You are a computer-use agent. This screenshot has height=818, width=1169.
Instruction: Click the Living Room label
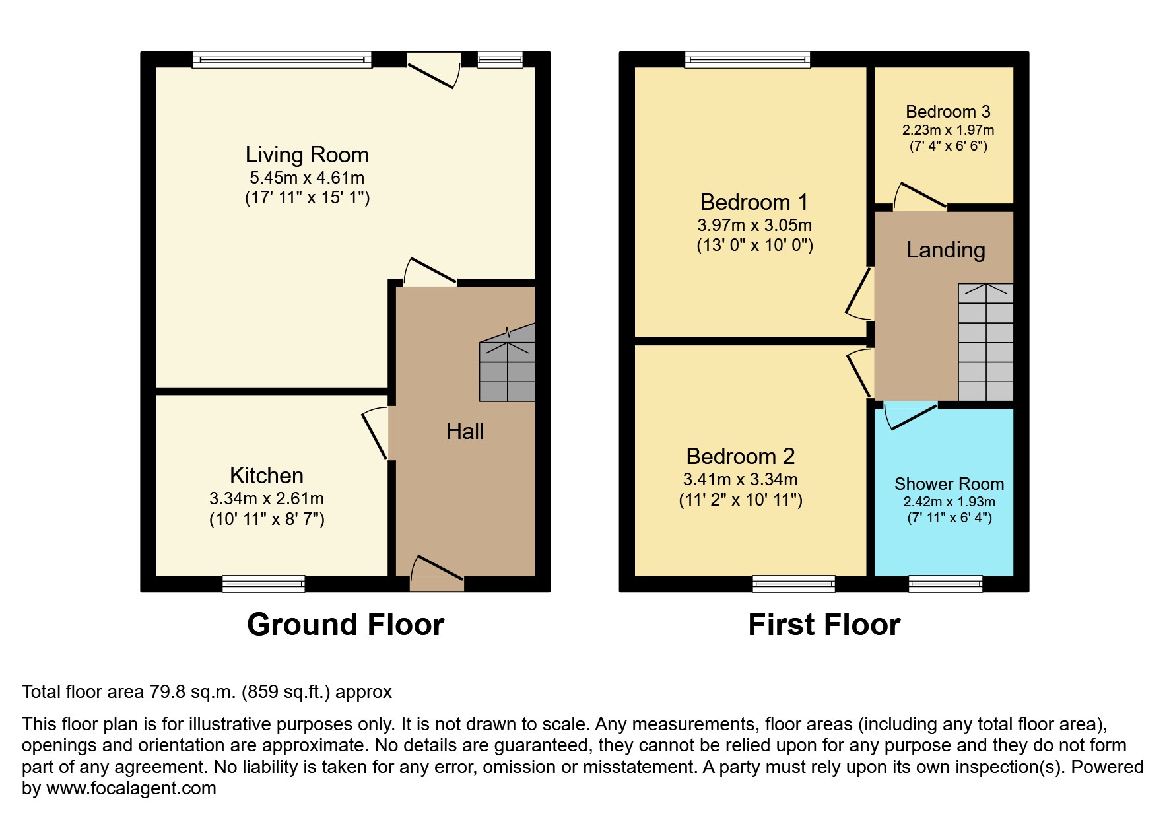[x=307, y=155]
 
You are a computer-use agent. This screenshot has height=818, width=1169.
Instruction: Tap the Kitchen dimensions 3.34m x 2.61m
[x=267, y=499]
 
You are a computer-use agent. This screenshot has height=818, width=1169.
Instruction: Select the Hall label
[x=465, y=432]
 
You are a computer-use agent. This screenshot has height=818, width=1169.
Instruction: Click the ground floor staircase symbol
[x=507, y=367]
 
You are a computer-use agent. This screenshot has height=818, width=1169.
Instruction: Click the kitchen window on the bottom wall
[x=263, y=584]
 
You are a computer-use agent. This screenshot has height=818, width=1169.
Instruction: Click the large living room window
[x=282, y=60]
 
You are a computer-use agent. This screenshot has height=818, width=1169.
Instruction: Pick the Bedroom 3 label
[x=948, y=112]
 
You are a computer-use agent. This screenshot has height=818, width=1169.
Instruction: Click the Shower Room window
[x=945, y=584]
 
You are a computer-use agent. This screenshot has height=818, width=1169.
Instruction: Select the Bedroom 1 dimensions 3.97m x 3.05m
[x=754, y=225]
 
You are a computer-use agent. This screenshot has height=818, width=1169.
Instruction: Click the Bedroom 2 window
[x=793, y=584]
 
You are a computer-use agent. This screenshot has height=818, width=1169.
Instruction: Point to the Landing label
[x=945, y=250]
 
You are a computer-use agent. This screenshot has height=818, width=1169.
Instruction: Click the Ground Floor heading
[x=345, y=625]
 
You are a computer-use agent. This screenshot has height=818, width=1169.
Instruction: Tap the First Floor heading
[x=824, y=625]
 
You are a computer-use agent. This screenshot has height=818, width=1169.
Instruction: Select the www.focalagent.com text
[x=131, y=788]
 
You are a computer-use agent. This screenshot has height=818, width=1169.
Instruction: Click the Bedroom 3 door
[x=920, y=198]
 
